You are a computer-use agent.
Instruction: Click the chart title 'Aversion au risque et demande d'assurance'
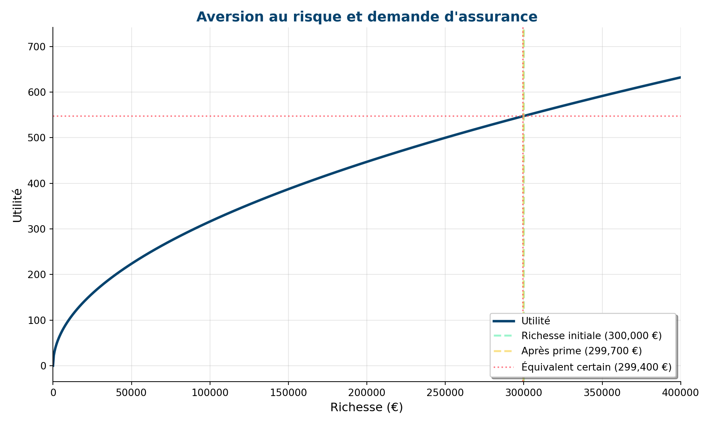(366, 17)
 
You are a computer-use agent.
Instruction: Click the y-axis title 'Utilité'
(17, 206)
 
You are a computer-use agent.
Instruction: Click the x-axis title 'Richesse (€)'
(366, 407)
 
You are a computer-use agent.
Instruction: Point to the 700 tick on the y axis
(37, 47)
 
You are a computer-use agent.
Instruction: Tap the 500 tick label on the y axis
(37, 138)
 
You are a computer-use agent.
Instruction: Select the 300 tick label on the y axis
(37, 229)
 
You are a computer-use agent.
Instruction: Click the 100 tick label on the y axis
(37, 320)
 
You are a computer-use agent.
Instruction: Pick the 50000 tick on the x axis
(132, 393)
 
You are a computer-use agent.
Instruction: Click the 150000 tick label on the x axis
(288, 393)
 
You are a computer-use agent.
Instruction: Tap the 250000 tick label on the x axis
(445, 393)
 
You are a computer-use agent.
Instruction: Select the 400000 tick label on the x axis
(680, 393)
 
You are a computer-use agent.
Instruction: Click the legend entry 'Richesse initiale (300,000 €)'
(591, 336)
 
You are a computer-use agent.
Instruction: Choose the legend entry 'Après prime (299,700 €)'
(581, 351)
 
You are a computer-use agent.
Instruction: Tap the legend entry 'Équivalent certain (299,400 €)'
(596, 367)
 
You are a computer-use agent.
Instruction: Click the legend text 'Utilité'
(535, 321)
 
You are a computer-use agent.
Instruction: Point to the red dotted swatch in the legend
(503, 367)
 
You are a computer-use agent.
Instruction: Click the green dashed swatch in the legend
(503, 336)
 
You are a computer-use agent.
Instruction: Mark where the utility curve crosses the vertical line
(523, 116)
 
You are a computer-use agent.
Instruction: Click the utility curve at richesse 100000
(210, 222)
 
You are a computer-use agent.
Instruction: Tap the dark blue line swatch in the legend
(503, 321)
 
